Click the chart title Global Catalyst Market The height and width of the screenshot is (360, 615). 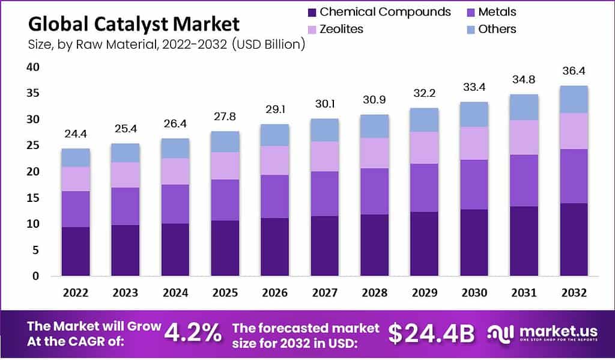[134, 24]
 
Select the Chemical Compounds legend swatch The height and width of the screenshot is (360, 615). [311, 12]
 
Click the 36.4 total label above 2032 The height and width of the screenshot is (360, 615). [574, 71]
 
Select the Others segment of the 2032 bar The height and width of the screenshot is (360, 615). [574, 99]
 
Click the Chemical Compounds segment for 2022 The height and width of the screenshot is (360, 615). [76, 251]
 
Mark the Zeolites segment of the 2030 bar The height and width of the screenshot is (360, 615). [473, 143]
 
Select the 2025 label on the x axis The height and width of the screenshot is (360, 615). [225, 293]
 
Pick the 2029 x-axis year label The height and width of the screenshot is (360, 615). [424, 293]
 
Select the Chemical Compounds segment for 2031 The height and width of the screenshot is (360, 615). [524, 241]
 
